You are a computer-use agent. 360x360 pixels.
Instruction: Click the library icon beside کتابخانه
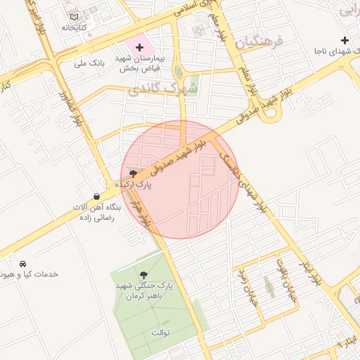tap(75, 16)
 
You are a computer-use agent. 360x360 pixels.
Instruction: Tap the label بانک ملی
tap(89, 63)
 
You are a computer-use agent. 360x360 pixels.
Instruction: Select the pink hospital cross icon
tap(139, 46)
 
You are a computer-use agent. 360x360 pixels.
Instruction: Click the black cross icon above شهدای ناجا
tap(345, 40)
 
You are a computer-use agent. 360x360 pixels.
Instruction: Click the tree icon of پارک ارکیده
tap(134, 173)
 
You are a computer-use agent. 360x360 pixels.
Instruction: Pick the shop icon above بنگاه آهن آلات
tap(96, 196)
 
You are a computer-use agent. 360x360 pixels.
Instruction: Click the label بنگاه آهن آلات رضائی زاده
tap(96, 213)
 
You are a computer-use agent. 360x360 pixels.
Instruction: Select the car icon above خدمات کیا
tap(23, 262)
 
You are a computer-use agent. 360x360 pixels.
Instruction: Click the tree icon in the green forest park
tap(144, 274)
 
